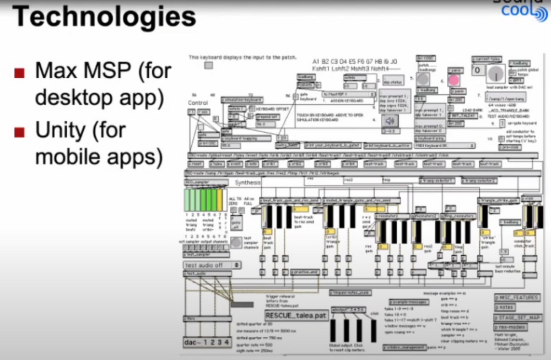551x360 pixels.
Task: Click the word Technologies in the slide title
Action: pyautogui.click(x=104, y=16)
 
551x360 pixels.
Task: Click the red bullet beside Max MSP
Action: pyautogui.click(x=20, y=73)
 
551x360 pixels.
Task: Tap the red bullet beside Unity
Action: pyautogui.click(x=20, y=132)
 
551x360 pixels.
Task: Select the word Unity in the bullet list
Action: pyautogui.click(x=62, y=131)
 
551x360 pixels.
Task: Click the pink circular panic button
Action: pyautogui.click(x=454, y=79)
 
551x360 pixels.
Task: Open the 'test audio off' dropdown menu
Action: pyautogui.click(x=212, y=265)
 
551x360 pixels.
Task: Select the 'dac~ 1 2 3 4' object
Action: pyautogui.click(x=206, y=343)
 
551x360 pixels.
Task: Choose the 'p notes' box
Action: pyautogui.click(x=505, y=308)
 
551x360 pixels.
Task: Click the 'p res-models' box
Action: pyautogui.click(x=510, y=327)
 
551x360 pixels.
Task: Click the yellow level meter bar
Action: pyautogui.click(x=220, y=200)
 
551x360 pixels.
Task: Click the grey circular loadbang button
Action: pyautogui.click(x=423, y=79)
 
